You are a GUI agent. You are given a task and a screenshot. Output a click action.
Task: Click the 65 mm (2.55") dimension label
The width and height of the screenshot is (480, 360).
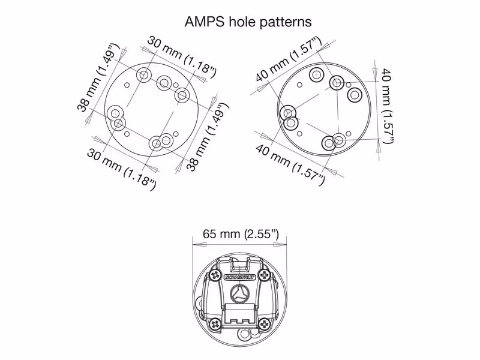[x=241, y=234]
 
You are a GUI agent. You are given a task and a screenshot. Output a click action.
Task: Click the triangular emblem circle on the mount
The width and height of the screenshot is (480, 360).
[x=239, y=292]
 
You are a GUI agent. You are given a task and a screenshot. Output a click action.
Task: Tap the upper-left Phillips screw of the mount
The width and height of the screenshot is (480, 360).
[x=217, y=275]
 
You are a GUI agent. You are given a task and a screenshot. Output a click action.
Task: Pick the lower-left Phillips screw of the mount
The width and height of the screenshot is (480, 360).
[x=215, y=324]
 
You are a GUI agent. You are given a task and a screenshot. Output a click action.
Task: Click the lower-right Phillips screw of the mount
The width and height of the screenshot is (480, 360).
[x=265, y=324]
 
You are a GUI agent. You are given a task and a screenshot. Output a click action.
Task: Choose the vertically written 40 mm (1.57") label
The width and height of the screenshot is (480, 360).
[x=386, y=106]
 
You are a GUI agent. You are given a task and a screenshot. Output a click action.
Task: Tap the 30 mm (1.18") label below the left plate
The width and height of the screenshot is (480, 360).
[x=122, y=169]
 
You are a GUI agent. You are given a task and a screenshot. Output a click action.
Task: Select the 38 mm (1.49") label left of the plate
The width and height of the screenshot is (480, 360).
[x=97, y=78]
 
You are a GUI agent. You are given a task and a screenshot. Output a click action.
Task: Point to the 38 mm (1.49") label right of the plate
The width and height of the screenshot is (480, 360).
[x=208, y=137]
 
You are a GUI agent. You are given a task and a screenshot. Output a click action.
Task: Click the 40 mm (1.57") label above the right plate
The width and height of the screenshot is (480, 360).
[x=289, y=59]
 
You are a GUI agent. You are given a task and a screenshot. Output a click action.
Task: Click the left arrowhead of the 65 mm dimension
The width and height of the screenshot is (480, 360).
[x=199, y=245]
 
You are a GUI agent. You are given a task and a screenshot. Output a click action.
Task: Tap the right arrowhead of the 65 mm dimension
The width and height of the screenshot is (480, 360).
[x=280, y=245]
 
